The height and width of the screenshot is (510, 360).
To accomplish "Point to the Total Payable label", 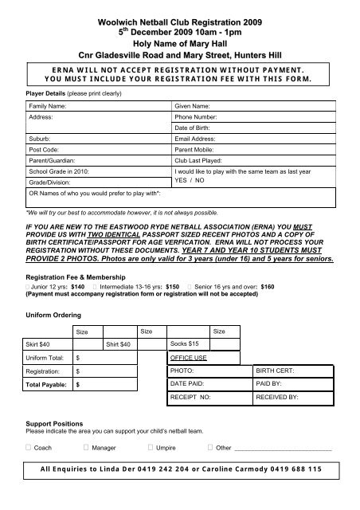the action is coord(47,385).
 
